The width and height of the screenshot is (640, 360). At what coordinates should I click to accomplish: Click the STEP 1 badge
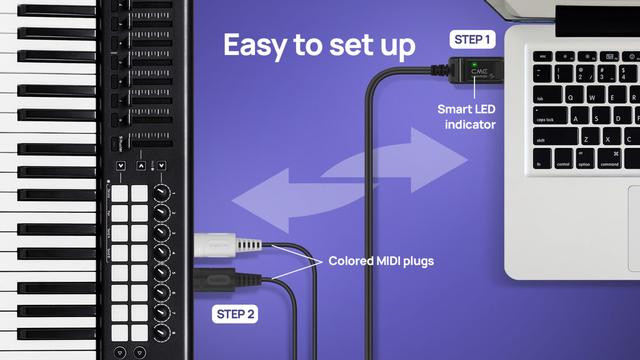(472, 40)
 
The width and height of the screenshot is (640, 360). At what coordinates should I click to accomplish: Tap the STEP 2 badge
(235, 314)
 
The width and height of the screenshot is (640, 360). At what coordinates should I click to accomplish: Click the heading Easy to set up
(319, 45)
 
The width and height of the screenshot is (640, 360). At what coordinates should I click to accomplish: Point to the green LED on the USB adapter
(474, 65)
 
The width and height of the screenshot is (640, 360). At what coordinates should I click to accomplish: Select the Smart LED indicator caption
(467, 117)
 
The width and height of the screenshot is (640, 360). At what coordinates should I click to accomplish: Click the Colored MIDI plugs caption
(381, 261)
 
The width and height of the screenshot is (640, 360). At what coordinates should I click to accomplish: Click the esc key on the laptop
(543, 56)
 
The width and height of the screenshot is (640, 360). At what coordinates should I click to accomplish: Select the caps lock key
(550, 115)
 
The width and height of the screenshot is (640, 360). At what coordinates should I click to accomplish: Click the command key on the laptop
(609, 159)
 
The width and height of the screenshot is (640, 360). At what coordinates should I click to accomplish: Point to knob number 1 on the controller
(162, 193)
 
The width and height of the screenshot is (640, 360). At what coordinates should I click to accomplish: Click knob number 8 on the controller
(162, 332)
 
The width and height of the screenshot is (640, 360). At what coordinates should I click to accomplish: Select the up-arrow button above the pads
(141, 166)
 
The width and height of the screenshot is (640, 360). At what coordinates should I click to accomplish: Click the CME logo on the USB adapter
(479, 71)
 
